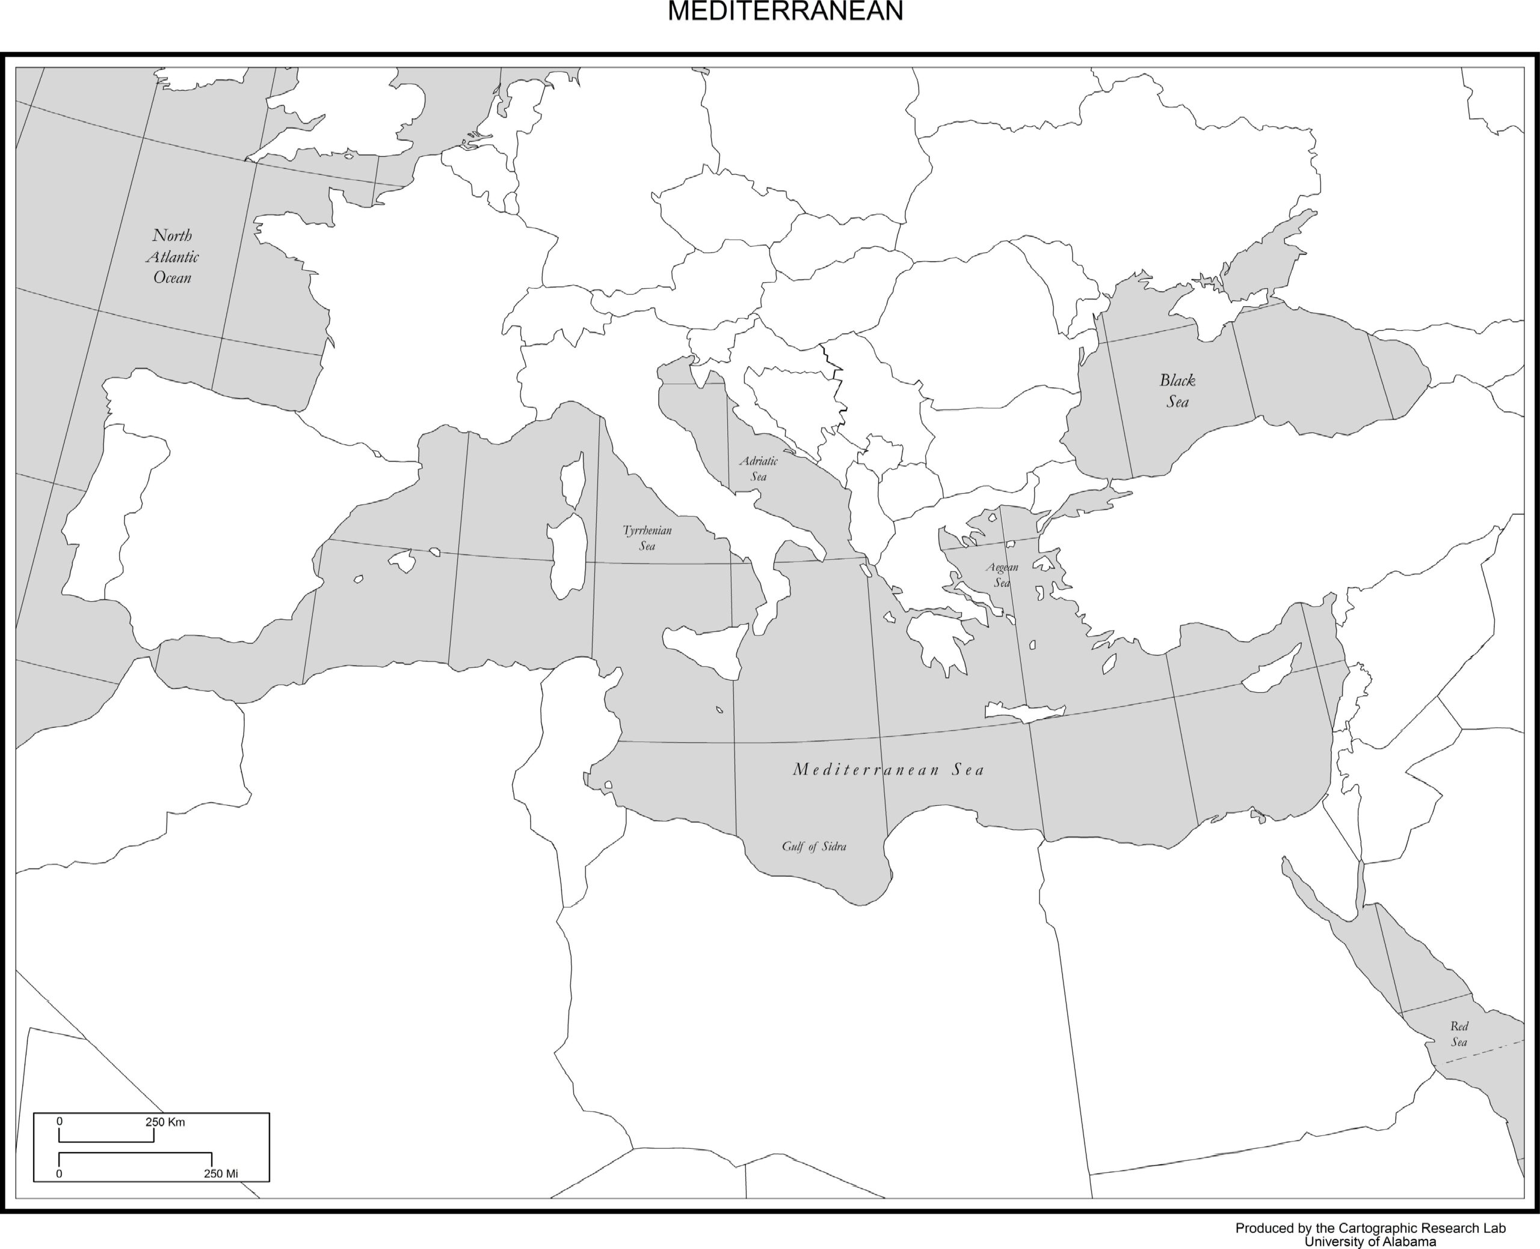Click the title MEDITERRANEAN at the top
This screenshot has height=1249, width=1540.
(x=785, y=12)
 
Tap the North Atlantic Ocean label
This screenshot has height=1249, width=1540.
(x=173, y=257)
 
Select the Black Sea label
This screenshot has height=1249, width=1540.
(x=1177, y=391)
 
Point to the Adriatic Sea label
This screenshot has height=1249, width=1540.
(x=759, y=468)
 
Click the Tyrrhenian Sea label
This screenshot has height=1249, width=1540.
(x=647, y=538)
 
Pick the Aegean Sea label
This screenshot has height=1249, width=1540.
(x=1002, y=575)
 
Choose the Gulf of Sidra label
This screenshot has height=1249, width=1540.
(x=814, y=846)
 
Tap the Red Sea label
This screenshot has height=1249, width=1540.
(x=1459, y=1034)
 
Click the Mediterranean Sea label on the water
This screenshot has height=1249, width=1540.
(x=888, y=770)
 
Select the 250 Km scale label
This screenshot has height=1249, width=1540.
(x=165, y=1122)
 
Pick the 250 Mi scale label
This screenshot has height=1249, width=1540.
(x=220, y=1173)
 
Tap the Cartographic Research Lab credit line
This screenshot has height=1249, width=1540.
(x=1370, y=1228)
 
